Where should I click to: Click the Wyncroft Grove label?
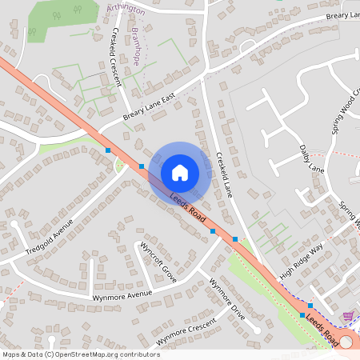click(158, 262)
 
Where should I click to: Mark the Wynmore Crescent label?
click(186, 331)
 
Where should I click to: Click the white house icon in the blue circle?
click(180, 172)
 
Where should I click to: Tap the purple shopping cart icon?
click(348, 316)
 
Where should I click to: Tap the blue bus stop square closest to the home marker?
click(142, 166)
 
